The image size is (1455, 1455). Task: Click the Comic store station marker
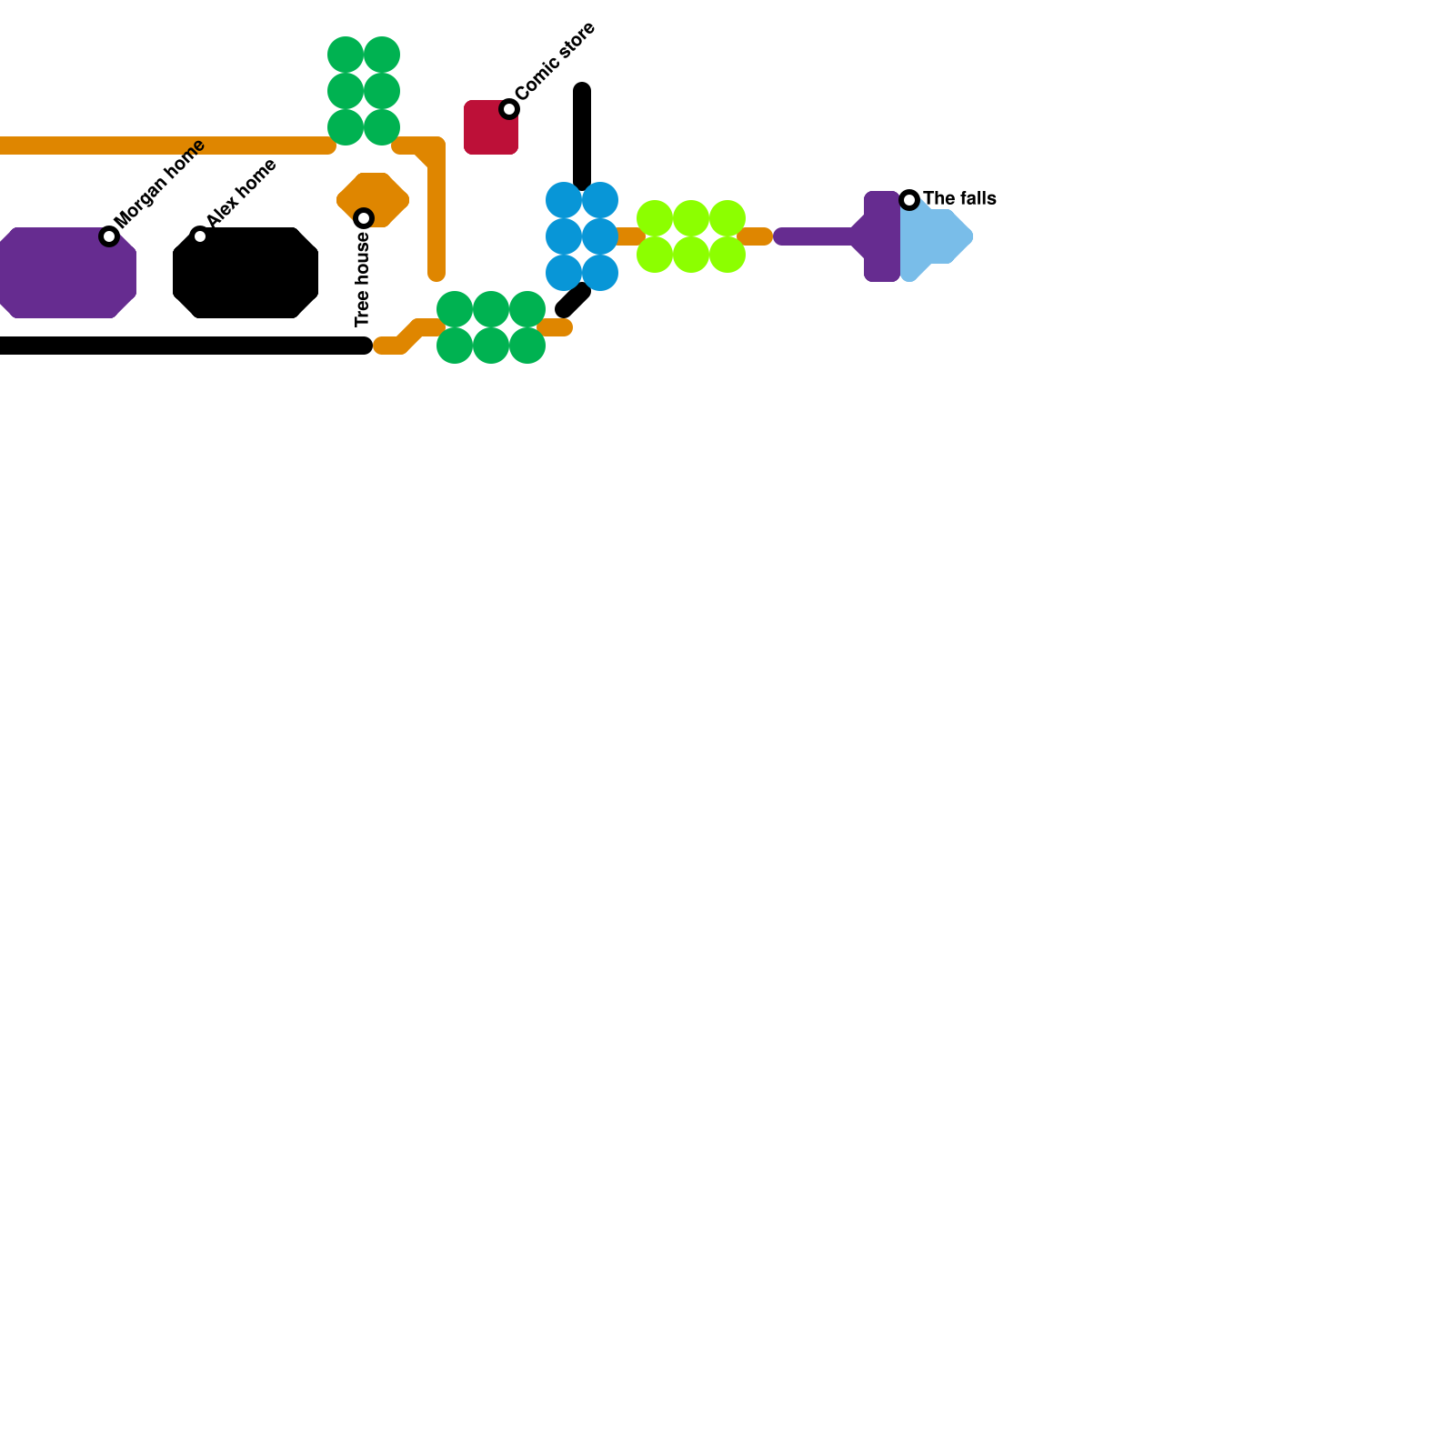[x=509, y=109]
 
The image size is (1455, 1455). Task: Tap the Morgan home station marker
[x=109, y=236]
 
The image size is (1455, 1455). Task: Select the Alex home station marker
[x=200, y=236]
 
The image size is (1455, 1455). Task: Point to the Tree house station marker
[x=364, y=218]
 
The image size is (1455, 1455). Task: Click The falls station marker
[x=909, y=200]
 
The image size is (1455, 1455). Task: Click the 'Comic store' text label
[x=556, y=61]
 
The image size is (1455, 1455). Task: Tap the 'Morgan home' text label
[x=161, y=184]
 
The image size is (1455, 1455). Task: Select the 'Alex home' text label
[x=242, y=194]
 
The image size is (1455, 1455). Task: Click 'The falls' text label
[x=959, y=198]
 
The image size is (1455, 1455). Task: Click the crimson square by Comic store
[x=491, y=127]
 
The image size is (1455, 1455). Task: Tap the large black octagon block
[x=246, y=273]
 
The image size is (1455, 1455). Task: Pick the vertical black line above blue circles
[x=582, y=136]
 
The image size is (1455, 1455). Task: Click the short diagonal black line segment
[x=573, y=300]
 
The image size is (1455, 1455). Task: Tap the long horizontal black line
[x=185, y=346]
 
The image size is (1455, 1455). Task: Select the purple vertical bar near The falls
[x=882, y=236]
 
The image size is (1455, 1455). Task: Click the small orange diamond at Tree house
[x=373, y=200]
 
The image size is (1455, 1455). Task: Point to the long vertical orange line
[x=436, y=209]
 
